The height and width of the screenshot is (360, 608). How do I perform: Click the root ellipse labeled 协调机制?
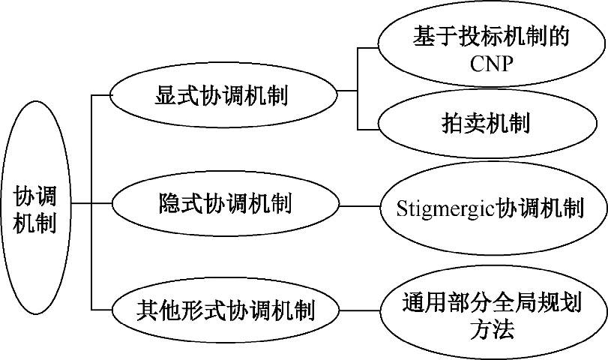click(36, 208)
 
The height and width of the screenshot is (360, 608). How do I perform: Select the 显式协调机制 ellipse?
click(223, 95)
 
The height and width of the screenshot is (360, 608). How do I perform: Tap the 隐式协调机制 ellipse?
click(226, 203)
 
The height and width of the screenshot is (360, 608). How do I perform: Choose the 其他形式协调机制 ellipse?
click(226, 310)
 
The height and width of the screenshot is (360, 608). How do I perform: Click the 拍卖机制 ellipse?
click(487, 124)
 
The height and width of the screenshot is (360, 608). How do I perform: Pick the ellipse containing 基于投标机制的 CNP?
click(491, 49)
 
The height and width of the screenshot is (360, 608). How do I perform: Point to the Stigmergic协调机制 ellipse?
click(493, 208)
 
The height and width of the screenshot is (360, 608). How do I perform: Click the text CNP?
click(491, 63)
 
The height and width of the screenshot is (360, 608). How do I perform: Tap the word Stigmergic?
click(446, 209)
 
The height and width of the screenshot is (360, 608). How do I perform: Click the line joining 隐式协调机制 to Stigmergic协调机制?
click(359, 206)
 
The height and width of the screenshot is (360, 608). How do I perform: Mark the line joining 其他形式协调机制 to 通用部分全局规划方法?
click(359, 310)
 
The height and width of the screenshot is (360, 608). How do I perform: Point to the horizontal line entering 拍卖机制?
click(367, 129)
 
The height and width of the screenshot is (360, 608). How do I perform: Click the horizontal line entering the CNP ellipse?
click(367, 48)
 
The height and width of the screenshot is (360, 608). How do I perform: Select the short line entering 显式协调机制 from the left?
click(100, 95)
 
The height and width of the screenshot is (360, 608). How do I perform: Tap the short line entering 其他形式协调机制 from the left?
click(102, 310)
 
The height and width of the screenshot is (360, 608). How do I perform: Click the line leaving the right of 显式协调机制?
click(347, 91)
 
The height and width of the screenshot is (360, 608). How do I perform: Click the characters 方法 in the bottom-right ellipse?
click(493, 330)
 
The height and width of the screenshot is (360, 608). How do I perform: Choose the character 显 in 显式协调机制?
click(166, 95)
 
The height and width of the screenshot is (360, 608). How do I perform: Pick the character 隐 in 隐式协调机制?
click(170, 203)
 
